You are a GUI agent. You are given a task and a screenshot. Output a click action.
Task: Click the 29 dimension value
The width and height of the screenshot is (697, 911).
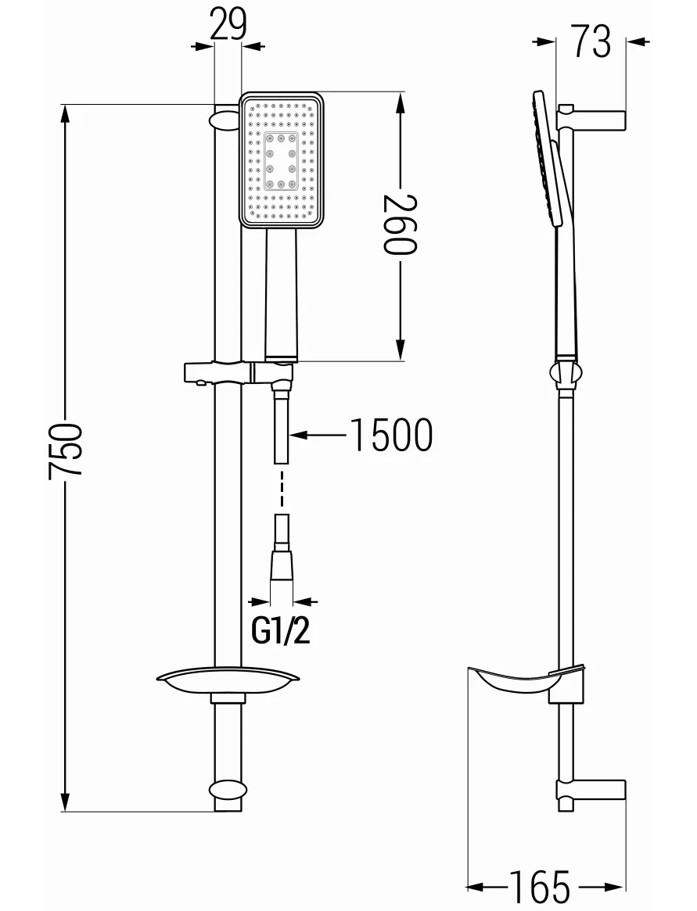click(228, 23)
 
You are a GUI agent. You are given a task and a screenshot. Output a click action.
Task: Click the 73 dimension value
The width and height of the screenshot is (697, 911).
click(591, 41)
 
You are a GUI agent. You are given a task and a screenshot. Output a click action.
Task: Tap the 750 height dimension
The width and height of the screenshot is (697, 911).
click(66, 450)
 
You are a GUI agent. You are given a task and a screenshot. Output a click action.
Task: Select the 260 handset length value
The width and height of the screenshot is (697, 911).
click(400, 225)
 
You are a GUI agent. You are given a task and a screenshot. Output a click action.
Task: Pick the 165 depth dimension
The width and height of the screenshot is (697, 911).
click(540, 888)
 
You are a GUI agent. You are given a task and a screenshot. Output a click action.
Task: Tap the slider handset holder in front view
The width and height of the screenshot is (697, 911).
click(239, 372)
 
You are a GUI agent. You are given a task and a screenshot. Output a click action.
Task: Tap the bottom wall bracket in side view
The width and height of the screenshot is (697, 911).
click(591, 789)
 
